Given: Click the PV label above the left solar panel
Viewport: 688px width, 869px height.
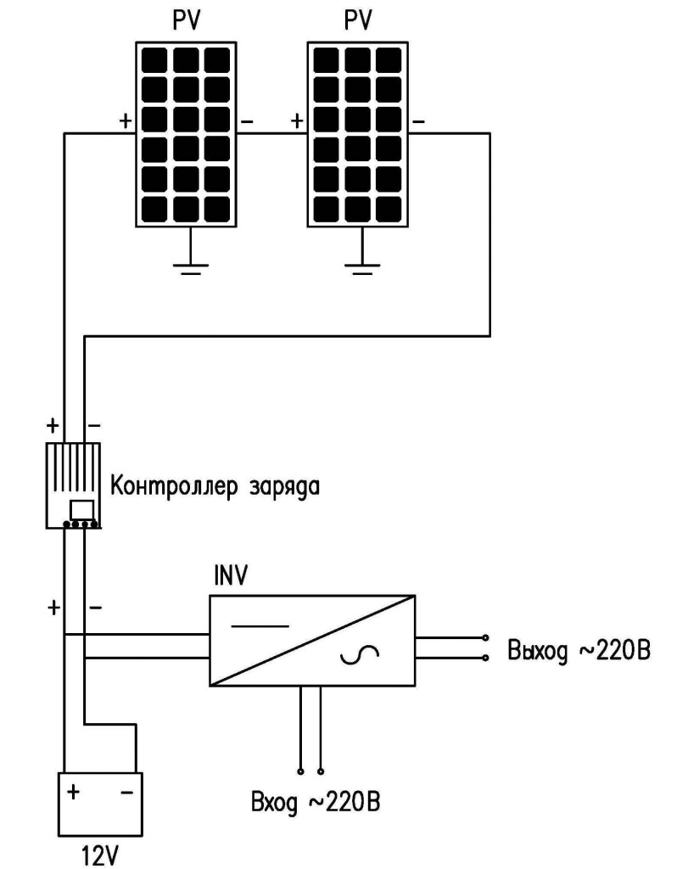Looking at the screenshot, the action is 187,20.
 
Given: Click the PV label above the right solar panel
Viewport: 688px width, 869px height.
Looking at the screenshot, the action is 358,20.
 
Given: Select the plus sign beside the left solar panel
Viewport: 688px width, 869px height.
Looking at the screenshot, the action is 126,121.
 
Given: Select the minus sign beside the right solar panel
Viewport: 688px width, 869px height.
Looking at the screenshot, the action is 419,121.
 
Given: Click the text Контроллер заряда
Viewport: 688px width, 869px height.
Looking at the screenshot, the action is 215,486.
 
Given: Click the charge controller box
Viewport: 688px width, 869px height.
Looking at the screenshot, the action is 73,485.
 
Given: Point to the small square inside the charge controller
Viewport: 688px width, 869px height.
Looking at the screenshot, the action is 81,510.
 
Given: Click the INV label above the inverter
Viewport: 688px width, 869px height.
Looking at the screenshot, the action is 231,576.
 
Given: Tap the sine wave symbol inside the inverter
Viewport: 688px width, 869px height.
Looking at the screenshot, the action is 360,655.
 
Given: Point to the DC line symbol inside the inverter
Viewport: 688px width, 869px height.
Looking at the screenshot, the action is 260,626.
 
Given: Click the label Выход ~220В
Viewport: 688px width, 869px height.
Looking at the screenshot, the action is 579,650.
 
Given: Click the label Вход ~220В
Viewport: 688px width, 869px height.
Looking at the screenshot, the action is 316,802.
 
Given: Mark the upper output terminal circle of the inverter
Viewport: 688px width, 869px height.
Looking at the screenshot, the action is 486,638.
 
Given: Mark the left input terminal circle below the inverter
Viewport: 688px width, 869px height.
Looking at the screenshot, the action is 301,771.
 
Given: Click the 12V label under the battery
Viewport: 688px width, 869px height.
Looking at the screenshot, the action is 100,855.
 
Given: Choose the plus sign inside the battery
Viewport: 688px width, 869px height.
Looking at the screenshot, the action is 73,792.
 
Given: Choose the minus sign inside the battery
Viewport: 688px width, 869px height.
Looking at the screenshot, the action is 127,793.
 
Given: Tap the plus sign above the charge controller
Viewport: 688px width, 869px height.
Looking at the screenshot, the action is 53,426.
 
